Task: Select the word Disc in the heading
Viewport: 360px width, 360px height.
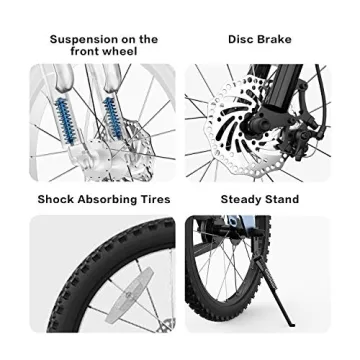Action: tap(240, 39)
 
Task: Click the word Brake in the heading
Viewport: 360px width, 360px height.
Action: tap(274, 39)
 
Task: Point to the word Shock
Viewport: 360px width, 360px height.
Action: tap(56, 199)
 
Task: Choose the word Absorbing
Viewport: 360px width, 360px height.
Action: tap(110, 200)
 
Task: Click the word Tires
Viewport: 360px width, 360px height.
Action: tap(158, 199)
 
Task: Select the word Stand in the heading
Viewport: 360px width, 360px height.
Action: tap(281, 199)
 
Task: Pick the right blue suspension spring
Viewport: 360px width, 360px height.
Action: tap(112, 117)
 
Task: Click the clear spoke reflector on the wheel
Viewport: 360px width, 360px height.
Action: tap(129, 294)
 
